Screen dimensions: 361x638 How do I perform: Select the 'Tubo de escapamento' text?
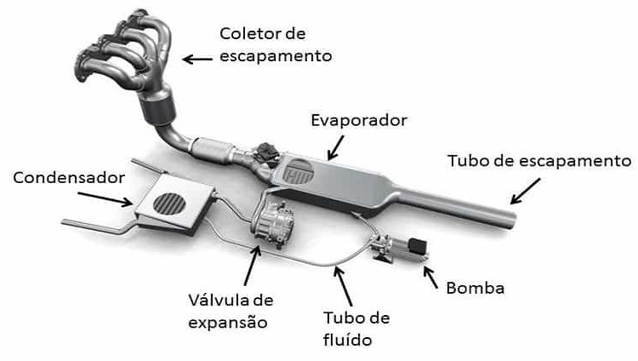coord(539,161)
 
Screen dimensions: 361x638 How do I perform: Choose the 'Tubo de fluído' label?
coord(356,328)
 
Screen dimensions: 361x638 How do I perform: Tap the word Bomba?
coord(475,288)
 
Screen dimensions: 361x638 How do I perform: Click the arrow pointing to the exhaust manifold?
coord(200,59)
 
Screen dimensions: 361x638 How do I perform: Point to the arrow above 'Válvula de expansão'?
coord(248,266)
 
